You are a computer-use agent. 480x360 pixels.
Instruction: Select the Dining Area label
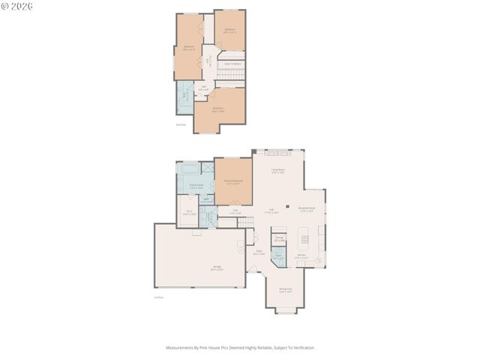point(285,290)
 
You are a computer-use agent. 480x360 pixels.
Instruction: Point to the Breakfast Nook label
point(307,209)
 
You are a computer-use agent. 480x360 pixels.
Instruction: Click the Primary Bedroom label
point(233,181)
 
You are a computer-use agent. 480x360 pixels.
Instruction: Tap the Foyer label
point(259,253)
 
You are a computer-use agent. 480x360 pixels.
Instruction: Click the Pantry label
point(279,239)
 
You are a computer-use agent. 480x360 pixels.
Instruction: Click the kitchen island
point(304,244)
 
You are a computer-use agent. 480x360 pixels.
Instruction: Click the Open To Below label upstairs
point(232,64)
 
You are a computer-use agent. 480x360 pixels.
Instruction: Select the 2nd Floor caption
point(180,124)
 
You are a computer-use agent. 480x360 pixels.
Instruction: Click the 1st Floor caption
point(158,298)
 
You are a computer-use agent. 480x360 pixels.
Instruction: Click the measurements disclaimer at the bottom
point(240,348)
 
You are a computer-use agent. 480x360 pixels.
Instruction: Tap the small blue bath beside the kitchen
point(278,256)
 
